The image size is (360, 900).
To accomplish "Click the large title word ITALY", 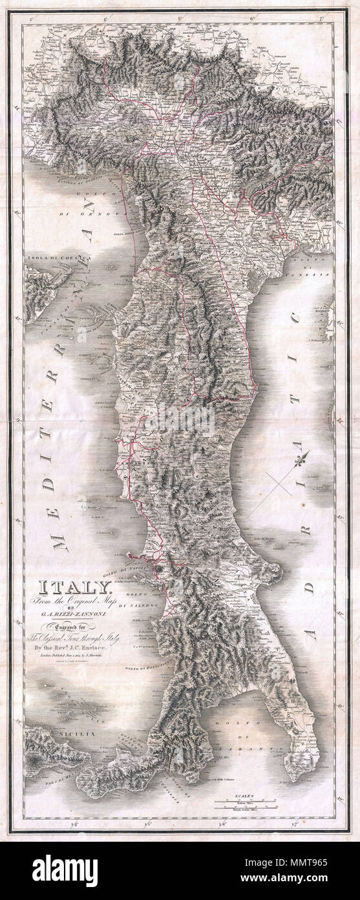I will [76, 588].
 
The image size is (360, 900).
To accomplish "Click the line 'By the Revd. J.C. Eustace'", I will [76, 647].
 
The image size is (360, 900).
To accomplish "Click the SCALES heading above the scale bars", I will [244, 794].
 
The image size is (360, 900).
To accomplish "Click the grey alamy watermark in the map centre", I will [180, 420].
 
